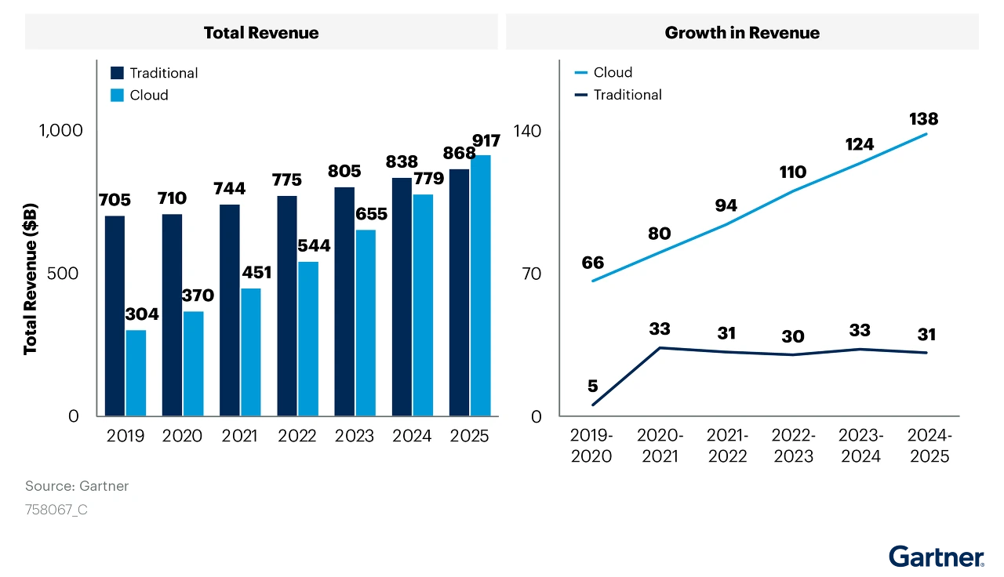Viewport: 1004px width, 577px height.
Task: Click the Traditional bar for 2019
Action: [x=115, y=315]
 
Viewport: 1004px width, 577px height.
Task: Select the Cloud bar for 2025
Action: [x=481, y=285]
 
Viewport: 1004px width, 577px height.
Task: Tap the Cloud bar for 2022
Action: [x=308, y=339]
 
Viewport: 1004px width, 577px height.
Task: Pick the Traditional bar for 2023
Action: [x=344, y=301]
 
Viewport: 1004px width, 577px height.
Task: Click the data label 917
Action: [x=486, y=141]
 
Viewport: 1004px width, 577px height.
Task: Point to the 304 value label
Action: [x=142, y=314]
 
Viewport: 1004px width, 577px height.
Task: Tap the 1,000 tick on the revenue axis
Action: [x=61, y=130]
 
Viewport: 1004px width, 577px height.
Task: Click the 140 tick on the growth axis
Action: [x=527, y=130]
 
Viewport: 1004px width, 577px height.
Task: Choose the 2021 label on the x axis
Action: [x=239, y=436]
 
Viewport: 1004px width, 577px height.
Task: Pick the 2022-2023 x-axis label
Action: [x=794, y=445]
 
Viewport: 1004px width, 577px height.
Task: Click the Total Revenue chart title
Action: [x=261, y=32]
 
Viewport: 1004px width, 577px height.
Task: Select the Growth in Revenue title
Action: [x=742, y=32]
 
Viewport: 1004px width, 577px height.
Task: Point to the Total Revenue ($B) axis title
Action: [x=31, y=278]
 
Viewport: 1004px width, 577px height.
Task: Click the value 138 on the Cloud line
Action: [x=924, y=119]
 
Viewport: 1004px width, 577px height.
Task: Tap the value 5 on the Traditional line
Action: [x=592, y=386]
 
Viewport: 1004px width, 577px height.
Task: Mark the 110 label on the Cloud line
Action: [x=793, y=172]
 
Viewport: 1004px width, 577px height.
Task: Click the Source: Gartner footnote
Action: [x=77, y=486]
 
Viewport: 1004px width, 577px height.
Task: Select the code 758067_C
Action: [x=56, y=510]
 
